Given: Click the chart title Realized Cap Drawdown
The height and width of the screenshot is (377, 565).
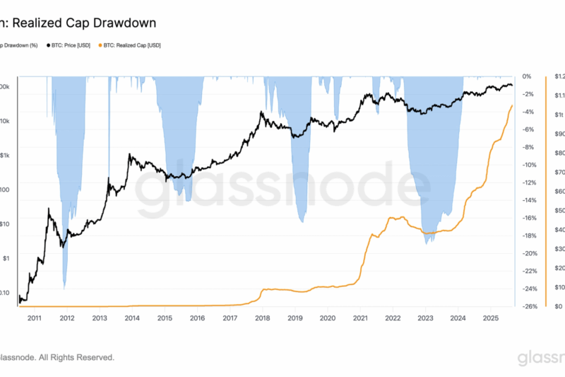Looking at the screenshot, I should (81, 23).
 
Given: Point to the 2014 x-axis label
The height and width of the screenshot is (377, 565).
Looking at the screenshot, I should (131, 319).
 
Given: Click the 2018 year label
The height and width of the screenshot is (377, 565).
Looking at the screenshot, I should (262, 319).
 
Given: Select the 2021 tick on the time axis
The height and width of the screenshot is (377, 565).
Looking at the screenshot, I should (360, 319).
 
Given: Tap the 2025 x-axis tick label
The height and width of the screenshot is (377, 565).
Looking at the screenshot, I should (491, 319).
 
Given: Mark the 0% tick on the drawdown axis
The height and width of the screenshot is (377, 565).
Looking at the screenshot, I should (526, 76).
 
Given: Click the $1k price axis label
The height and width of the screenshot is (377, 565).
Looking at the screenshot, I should (5, 155).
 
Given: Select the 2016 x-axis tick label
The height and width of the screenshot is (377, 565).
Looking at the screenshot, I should (197, 319).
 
